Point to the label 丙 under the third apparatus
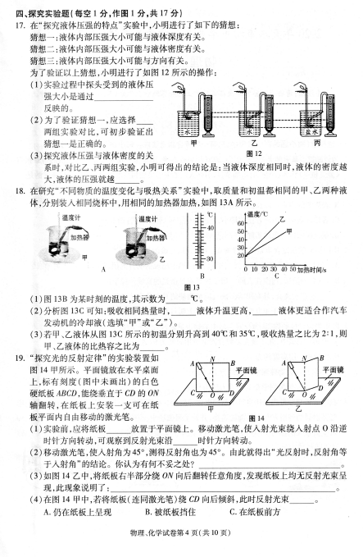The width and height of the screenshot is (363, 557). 317,143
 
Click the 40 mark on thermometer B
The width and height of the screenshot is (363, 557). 210,227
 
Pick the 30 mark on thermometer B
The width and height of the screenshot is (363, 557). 210,258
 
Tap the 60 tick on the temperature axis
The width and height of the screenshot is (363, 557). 241,223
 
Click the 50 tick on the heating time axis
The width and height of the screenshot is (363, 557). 293,269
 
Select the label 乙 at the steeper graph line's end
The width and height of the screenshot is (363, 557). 282,219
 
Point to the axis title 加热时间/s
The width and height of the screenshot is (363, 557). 312,270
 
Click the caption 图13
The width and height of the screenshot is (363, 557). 193,287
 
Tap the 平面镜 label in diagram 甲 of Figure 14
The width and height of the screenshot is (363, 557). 247,370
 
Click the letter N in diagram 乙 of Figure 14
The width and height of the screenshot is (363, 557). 304,358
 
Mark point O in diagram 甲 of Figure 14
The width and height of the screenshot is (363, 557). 212,395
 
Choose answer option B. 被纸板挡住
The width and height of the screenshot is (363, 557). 170,512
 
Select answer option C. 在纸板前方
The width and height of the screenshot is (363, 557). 255,512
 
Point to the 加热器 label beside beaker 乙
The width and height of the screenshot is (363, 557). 157,238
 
